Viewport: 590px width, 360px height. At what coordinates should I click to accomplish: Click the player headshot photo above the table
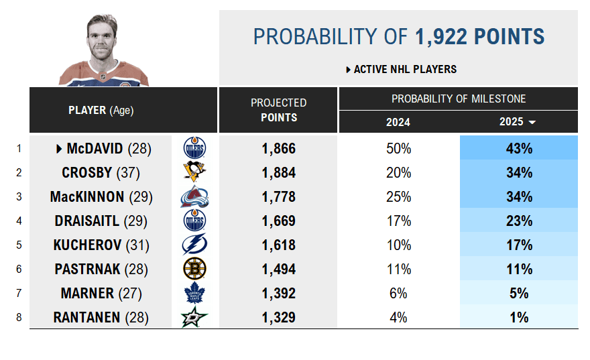pos(103,51)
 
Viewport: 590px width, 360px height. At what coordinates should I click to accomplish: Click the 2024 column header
pos(398,122)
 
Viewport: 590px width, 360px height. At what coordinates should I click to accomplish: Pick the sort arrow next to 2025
pos(532,123)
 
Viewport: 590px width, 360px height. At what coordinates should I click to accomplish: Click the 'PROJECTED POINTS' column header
pos(278,110)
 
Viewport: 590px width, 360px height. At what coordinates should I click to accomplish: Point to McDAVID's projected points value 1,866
pos(278,148)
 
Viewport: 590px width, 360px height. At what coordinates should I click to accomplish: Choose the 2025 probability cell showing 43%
pos(518,148)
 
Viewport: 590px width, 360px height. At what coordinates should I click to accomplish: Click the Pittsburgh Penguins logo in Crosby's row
pos(194,172)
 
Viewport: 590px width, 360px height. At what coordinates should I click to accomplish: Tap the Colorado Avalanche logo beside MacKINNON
pos(194,196)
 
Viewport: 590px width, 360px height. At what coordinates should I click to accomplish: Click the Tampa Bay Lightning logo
pos(194,245)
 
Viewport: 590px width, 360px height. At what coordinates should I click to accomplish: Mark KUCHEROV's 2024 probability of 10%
pos(398,245)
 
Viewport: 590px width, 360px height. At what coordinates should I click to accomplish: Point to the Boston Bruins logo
pos(194,269)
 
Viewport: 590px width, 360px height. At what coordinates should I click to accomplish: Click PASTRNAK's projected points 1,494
pos(278,269)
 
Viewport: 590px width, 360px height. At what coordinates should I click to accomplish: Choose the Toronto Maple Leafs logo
pos(194,293)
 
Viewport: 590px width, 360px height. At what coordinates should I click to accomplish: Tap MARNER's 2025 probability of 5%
pos(518,293)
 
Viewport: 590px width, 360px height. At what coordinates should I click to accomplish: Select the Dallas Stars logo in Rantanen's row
pos(194,317)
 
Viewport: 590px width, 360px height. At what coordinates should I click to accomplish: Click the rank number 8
pos(19,317)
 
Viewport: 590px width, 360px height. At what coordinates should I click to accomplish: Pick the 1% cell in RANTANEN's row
pos(518,317)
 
